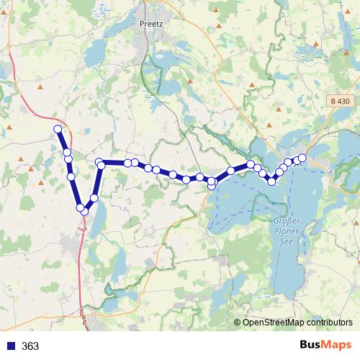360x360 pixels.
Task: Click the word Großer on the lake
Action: pos(287,220)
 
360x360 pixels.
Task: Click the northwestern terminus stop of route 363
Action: pos(58,129)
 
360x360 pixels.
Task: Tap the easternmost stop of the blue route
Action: pos(302,158)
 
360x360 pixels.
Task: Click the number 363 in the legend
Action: pos(30,346)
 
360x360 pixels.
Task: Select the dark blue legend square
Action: pos(10,346)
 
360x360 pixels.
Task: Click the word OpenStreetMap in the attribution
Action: pos(270,323)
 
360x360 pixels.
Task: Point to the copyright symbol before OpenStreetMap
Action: pos(238,323)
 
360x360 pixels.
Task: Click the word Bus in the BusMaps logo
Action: pos(310,346)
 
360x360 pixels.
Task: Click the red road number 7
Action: pos(84,229)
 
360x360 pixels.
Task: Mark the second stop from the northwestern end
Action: pos(67,153)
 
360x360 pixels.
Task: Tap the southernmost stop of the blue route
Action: pos(85,211)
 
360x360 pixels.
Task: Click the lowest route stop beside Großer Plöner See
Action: pos(271,181)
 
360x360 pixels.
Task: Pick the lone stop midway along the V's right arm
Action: pos(94,197)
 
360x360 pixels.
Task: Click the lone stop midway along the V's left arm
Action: pos(71,176)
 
